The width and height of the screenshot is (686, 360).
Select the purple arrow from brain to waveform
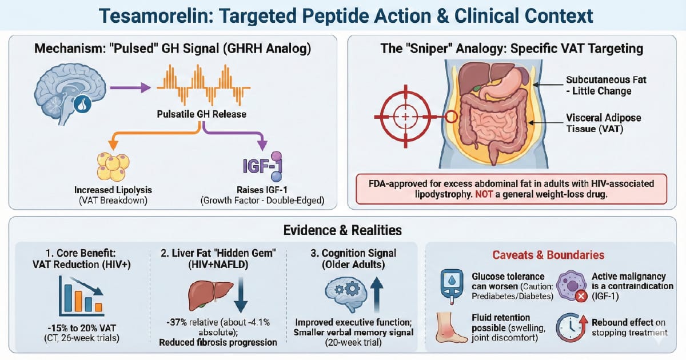click(x=130, y=87)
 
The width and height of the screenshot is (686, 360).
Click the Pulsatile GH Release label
click(x=201, y=114)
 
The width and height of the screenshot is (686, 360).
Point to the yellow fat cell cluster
click(x=113, y=166)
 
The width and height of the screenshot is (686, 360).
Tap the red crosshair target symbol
click(x=405, y=117)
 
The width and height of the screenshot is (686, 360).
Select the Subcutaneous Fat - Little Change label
click(x=606, y=85)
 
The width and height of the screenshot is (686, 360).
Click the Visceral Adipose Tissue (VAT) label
click(x=603, y=123)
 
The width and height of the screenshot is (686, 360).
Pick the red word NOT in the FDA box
click(x=484, y=194)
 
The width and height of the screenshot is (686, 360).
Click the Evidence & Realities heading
click(x=342, y=230)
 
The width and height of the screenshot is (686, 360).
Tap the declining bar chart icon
click(x=81, y=296)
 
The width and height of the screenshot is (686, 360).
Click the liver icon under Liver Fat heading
click(x=210, y=295)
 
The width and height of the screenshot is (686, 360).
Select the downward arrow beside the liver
click(x=241, y=295)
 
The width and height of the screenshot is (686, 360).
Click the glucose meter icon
click(x=452, y=287)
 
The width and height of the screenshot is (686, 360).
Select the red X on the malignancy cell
click(x=581, y=296)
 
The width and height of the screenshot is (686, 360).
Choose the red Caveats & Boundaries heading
click(x=548, y=255)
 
